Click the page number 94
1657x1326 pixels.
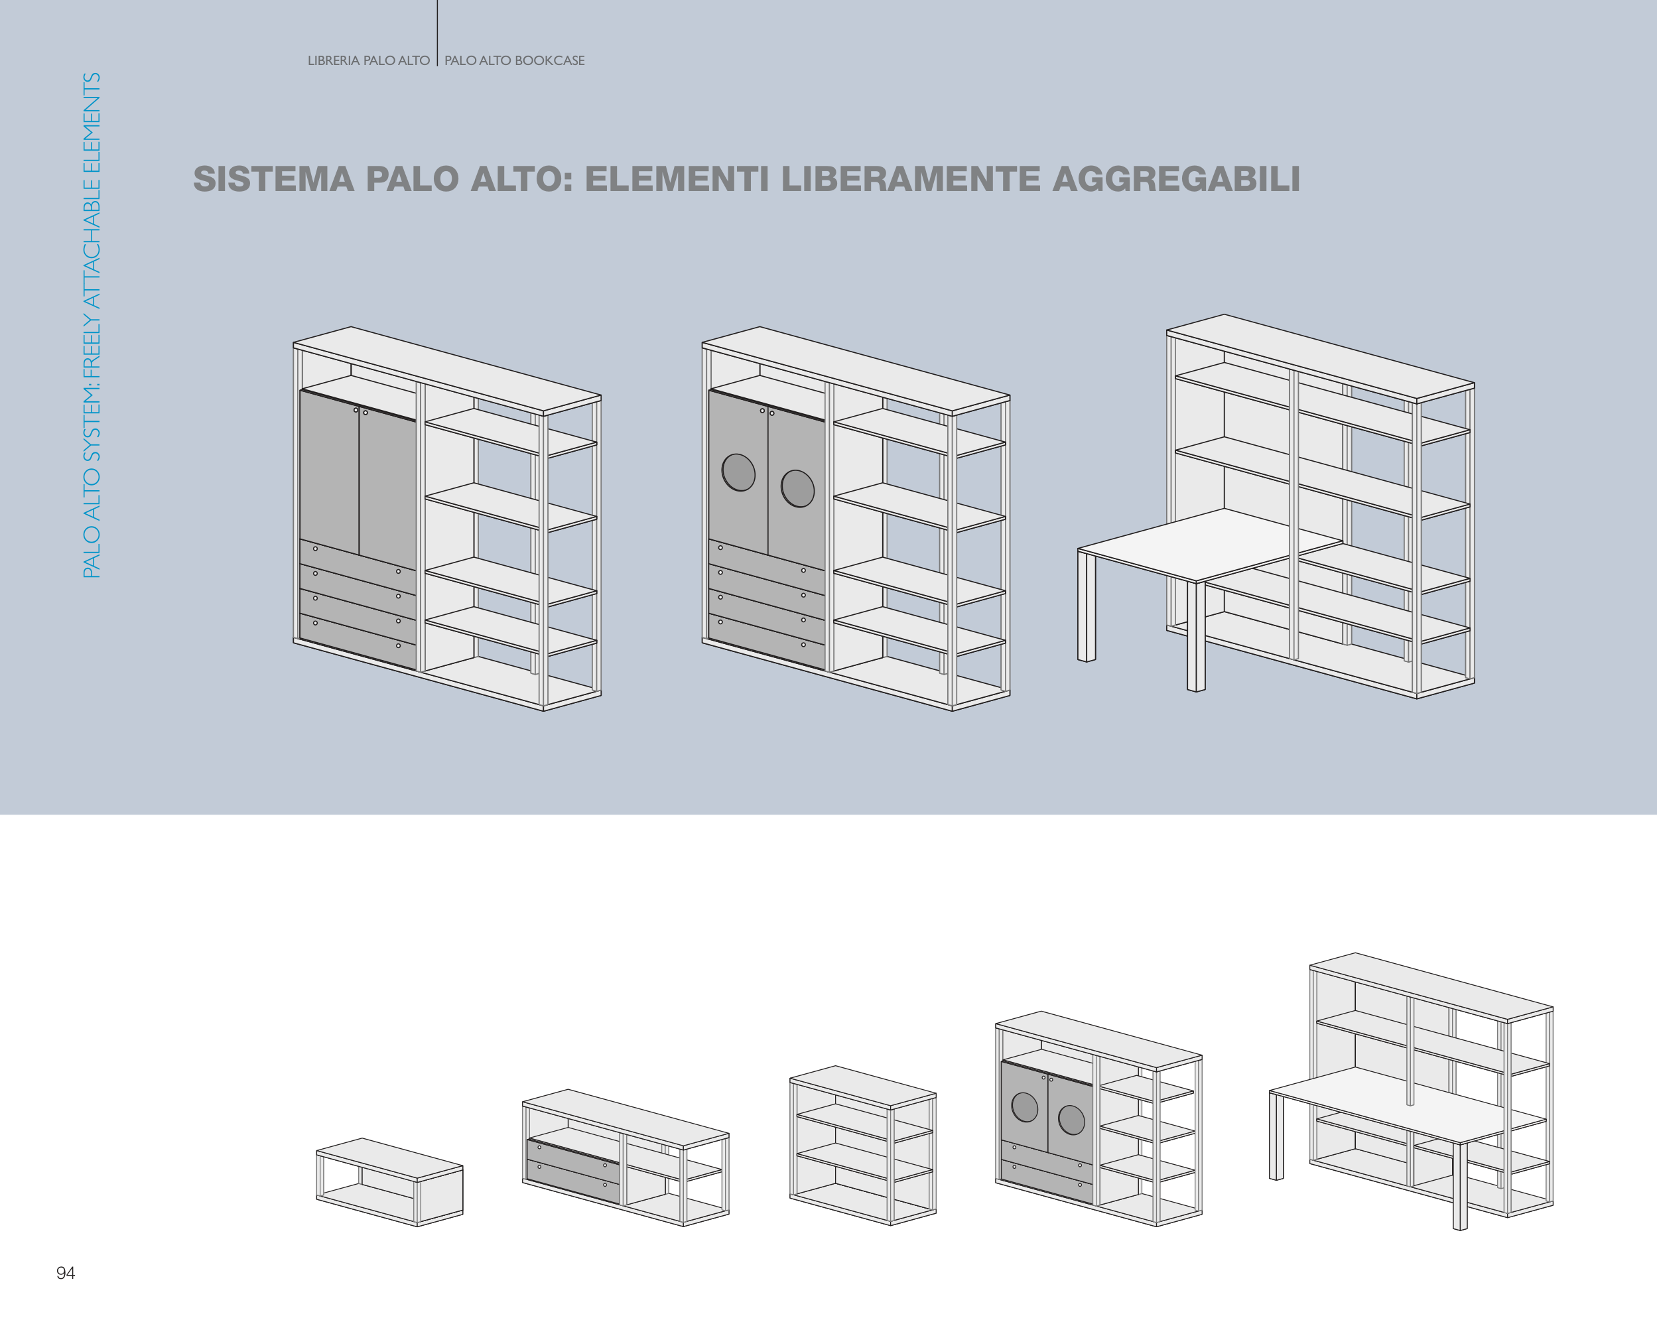(66, 1273)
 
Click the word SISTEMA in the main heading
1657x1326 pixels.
(273, 179)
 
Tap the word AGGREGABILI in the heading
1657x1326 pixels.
(1176, 179)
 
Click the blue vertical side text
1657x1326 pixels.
(92, 325)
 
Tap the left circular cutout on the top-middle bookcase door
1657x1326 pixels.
(738, 473)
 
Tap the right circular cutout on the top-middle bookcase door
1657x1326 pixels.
(798, 488)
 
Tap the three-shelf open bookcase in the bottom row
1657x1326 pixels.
(862, 1145)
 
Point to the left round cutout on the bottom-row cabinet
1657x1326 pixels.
(1024, 1107)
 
